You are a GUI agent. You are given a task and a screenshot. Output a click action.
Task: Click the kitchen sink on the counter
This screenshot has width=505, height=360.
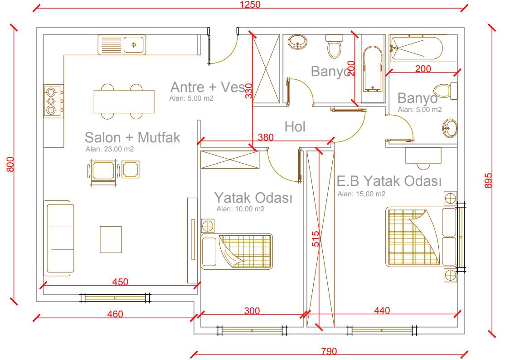[x=122, y=44]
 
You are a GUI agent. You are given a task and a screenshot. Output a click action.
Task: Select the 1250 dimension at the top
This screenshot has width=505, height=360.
[x=250, y=5]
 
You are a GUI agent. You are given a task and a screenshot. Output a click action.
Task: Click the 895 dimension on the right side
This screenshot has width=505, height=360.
[x=488, y=181]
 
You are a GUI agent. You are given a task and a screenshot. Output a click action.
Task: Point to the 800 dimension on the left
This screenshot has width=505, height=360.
[x=10, y=164]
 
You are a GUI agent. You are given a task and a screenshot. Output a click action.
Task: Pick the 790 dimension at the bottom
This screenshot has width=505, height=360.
[x=329, y=351]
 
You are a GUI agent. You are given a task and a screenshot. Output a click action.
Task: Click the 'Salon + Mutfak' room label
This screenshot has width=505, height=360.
[x=132, y=137]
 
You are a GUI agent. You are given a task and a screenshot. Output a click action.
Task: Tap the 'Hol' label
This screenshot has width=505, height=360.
[x=295, y=127]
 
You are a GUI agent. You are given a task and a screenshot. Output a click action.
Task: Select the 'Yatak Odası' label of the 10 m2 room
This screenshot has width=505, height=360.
[x=253, y=198]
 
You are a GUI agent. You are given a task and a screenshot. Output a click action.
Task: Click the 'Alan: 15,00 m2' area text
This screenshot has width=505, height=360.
[x=361, y=194]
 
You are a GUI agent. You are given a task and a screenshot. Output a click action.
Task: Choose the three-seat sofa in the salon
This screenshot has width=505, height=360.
[x=58, y=238]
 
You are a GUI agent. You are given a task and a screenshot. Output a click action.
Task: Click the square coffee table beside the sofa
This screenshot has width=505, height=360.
[x=111, y=239]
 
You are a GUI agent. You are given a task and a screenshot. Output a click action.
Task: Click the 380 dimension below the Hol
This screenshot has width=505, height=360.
[x=266, y=137]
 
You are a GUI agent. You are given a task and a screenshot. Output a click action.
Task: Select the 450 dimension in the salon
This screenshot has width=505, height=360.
[x=120, y=282]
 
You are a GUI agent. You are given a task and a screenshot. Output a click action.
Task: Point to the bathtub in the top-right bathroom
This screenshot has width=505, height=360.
[x=416, y=49]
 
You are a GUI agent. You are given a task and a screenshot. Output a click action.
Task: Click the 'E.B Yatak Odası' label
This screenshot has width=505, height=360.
[x=389, y=181]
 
